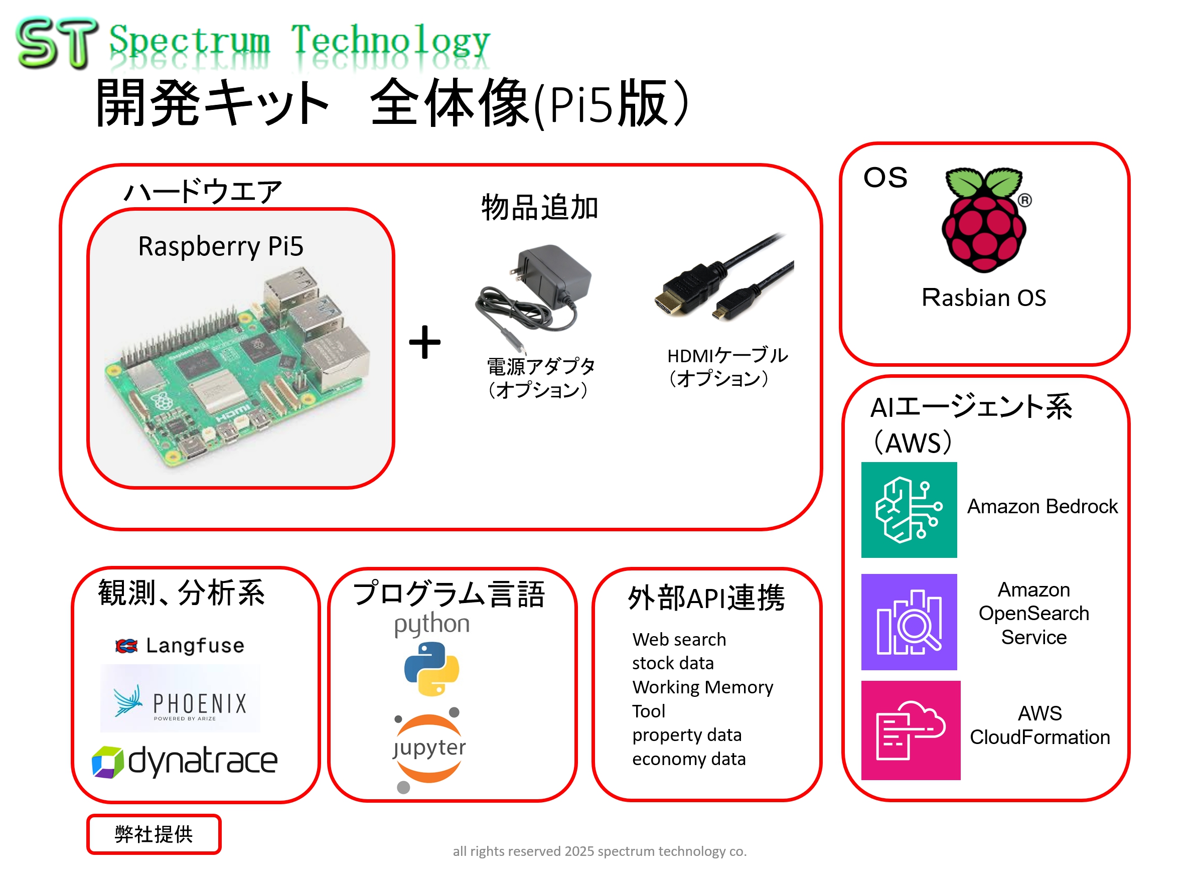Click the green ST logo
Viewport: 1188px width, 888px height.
click(56, 43)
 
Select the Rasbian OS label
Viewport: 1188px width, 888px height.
click(983, 298)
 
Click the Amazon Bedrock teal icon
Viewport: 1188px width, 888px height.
click(909, 509)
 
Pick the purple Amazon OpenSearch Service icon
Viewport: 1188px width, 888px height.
click(909, 622)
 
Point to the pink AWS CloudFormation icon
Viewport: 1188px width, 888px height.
click(911, 730)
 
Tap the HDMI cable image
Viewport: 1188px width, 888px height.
click(722, 279)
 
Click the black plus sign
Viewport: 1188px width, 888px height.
click(424, 342)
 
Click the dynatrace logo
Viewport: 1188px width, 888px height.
click(185, 761)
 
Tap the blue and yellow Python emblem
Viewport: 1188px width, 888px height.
click(431, 669)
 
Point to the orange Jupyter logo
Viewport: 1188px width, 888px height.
click(429, 749)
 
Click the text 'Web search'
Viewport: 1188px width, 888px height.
click(679, 639)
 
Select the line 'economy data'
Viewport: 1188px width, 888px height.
click(688, 759)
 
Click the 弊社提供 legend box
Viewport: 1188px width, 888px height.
click(154, 834)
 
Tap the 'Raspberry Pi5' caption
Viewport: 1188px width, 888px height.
click(221, 246)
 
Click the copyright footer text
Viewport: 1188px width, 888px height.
click(600, 851)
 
